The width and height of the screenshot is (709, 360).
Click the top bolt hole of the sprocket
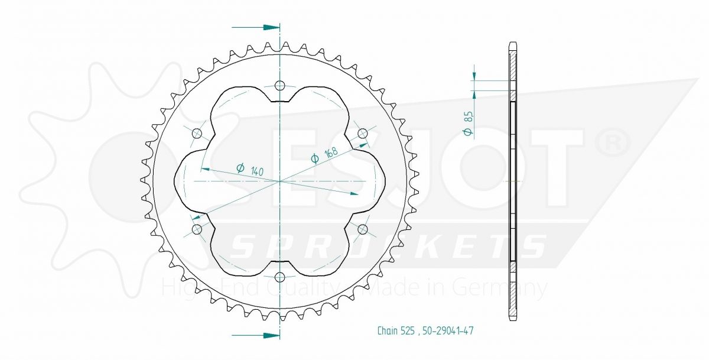point(280,85)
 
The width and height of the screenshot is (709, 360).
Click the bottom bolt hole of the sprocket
point(280,277)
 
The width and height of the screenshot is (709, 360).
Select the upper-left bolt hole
point(197,133)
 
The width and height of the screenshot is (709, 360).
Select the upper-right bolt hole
point(363,133)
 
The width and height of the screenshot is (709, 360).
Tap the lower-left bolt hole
point(197,229)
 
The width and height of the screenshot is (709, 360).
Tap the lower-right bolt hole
point(363,229)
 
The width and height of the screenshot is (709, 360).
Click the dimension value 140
point(257,171)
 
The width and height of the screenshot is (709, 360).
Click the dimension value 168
point(331,153)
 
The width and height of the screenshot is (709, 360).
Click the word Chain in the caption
point(387,331)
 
